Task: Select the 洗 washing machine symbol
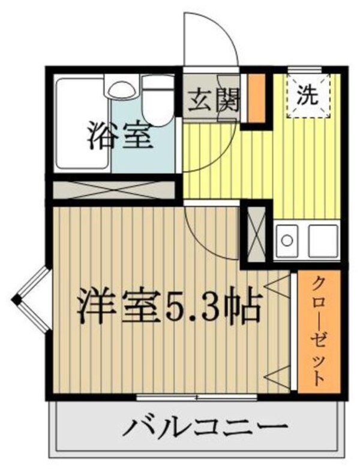click(x=307, y=95)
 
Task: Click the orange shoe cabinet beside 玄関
click(x=256, y=97)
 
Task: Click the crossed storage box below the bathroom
click(x=113, y=190)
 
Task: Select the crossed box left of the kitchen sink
click(x=256, y=235)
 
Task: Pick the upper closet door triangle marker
click(x=278, y=282)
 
